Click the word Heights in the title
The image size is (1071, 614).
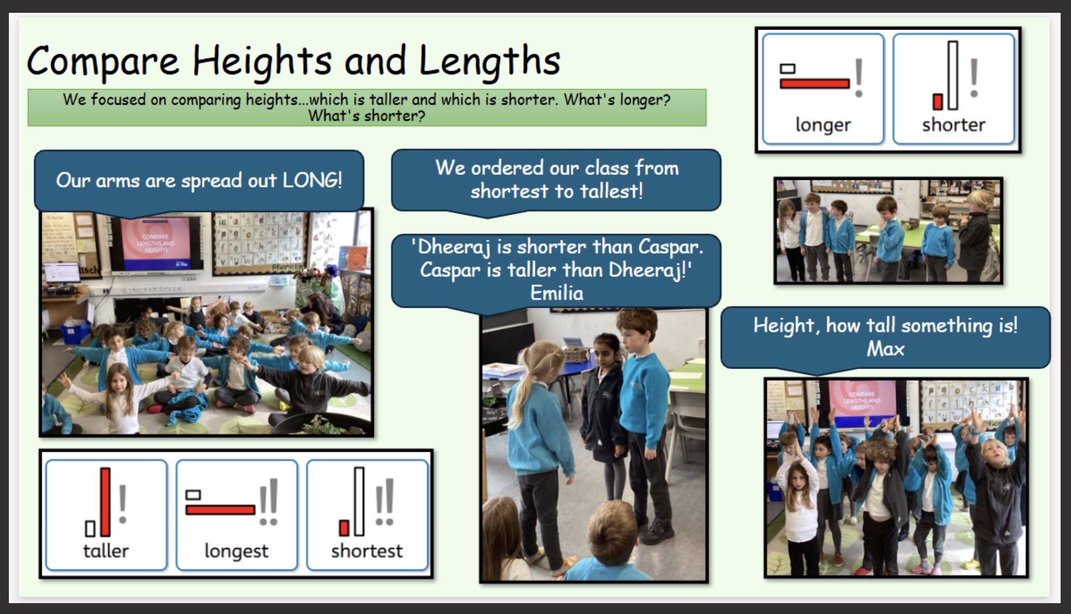coord(262,61)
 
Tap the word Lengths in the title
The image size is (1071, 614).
coord(490,61)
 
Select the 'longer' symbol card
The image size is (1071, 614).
coord(823,89)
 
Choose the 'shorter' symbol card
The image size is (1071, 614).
coord(954,89)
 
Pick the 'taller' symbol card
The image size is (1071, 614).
coord(106,515)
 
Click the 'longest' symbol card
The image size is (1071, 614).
coord(237,515)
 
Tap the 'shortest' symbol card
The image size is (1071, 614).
coord(368,515)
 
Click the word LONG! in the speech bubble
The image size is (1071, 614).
coord(312,180)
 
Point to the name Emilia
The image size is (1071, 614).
coord(557,293)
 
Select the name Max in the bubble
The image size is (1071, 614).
coord(885,349)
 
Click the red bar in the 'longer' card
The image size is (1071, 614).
coord(815,83)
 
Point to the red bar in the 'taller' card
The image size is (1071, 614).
coord(105,502)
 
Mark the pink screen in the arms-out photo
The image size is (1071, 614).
coord(156,243)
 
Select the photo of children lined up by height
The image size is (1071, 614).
coord(888,231)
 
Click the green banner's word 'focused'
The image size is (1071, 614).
coord(118,100)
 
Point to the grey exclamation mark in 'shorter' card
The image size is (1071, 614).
coord(974,78)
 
